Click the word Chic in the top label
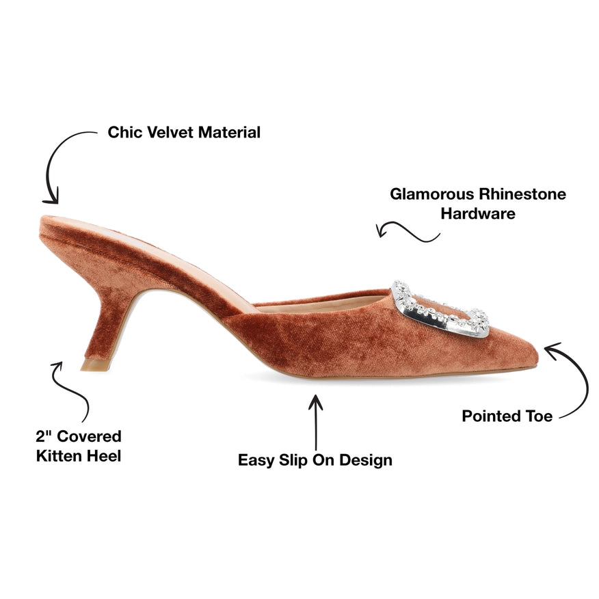coord(124,132)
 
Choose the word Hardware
coord(477,213)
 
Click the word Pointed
coord(492,416)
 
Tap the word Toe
coord(539,416)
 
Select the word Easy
coord(256,460)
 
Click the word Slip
coord(293,460)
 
